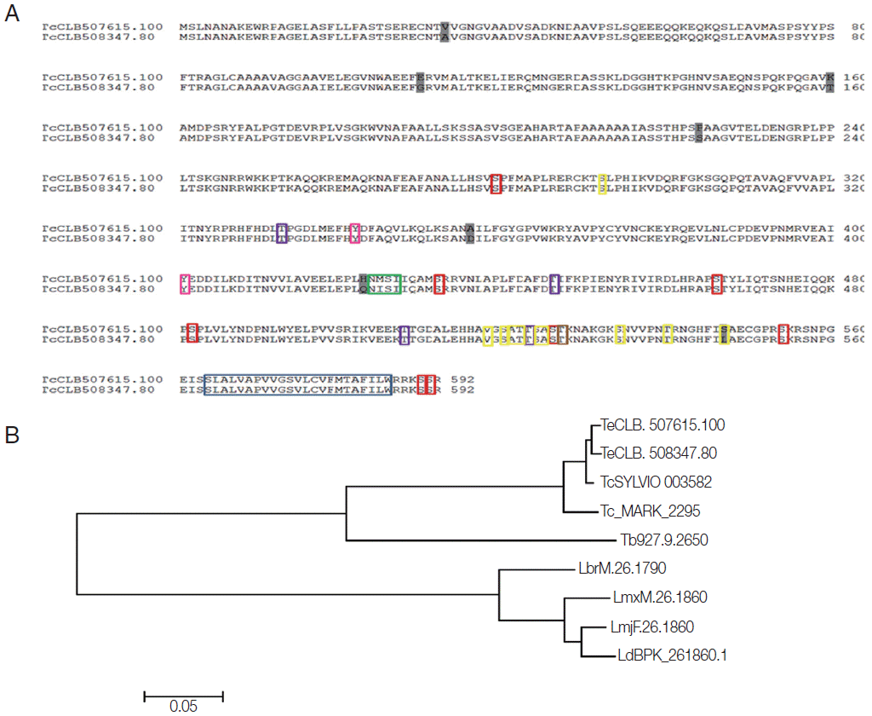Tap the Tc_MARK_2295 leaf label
[651, 511]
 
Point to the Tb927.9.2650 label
[664, 540]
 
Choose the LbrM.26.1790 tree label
[616, 569]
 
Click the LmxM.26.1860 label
[660, 598]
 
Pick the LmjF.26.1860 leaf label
[651, 627]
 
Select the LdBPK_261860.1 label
[672, 656]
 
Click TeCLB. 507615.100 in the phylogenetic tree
[663, 424]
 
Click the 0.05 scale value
[183, 706]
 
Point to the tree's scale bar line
[183, 696]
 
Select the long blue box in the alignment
[297, 384]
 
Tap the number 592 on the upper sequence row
[462, 379]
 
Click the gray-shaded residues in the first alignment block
[444, 32]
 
